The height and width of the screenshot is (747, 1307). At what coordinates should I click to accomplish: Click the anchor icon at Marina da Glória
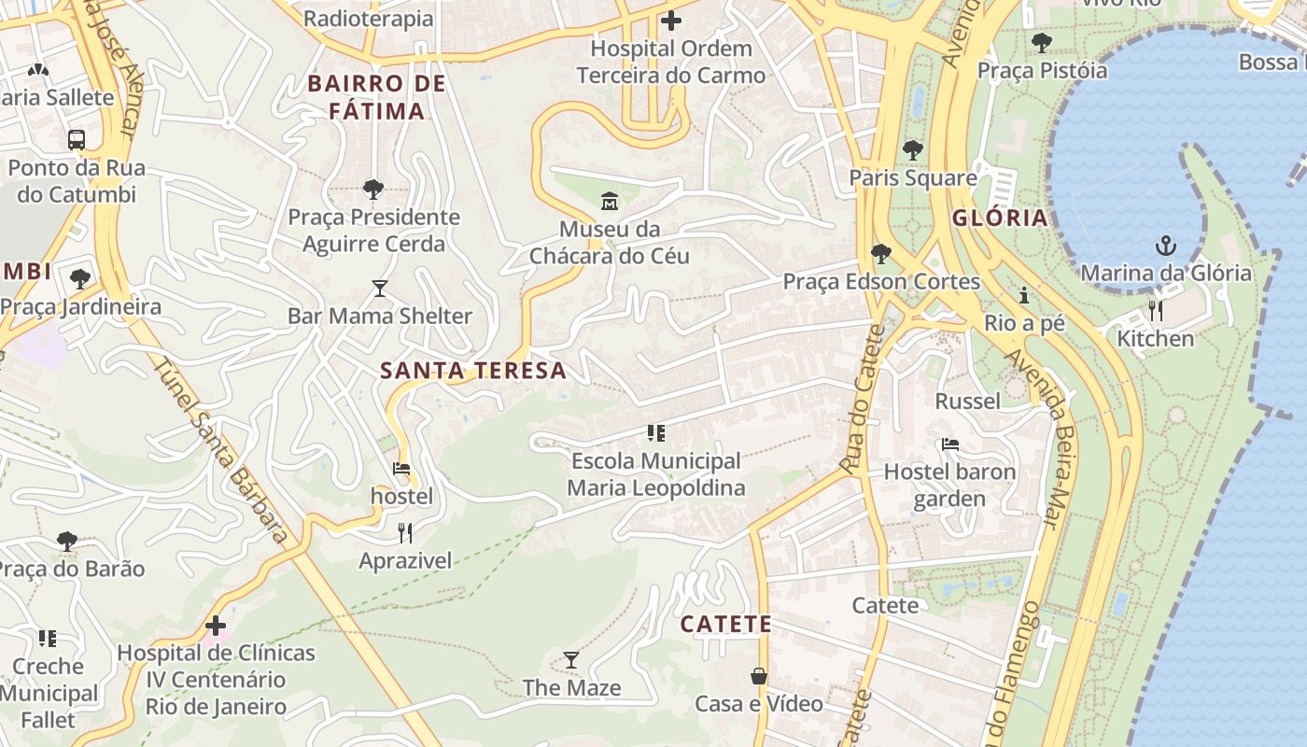point(1165,246)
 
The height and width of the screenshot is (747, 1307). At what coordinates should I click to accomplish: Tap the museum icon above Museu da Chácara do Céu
point(610,201)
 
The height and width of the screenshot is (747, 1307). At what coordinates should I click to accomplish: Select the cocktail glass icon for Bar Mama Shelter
point(379,289)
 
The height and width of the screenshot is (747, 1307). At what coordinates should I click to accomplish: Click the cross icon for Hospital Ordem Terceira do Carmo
point(670,20)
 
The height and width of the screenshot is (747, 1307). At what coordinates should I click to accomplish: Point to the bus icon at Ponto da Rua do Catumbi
point(77,140)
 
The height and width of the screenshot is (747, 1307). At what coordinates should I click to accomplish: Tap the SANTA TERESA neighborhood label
point(473,370)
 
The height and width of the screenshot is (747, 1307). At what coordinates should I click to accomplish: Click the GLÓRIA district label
point(1000,218)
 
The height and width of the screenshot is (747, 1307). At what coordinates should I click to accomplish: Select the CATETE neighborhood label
point(725,624)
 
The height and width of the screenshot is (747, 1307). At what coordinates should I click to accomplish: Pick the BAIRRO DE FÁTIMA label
point(377,97)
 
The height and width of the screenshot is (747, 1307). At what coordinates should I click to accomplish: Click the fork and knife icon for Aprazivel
point(405,533)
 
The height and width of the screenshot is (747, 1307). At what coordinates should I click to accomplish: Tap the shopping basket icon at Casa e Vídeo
point(759,676)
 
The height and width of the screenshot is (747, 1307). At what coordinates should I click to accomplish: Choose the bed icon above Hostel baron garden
point(949,444)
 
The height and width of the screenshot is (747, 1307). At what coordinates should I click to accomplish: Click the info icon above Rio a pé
point(1024,296)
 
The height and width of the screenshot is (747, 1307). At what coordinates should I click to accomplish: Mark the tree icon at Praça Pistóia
point(1041,43)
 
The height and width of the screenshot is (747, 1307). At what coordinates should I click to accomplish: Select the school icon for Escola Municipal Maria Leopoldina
point(656,433)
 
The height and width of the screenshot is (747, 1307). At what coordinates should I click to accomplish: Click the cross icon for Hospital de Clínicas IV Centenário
point(216,626)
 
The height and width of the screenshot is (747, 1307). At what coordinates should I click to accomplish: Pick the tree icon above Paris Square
point(912,149)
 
